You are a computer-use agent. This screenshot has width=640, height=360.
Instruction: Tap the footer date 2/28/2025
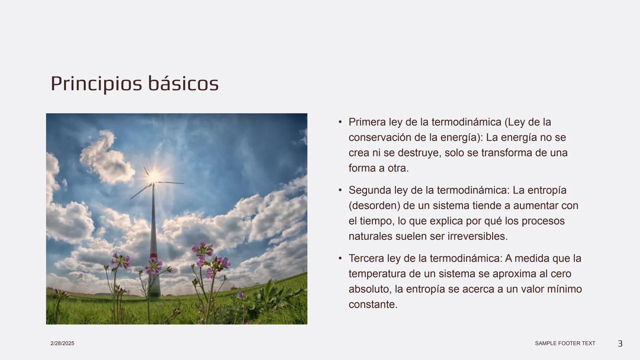(62, 343)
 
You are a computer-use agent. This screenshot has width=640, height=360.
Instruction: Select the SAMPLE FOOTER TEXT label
(565, 343)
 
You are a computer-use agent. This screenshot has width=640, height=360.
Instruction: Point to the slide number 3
(620, 344)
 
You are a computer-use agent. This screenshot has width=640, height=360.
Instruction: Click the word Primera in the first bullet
(367, 122)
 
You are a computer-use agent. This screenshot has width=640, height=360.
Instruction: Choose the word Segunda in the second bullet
(370, 190)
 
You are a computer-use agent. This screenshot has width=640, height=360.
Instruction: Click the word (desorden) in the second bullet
(374, 206)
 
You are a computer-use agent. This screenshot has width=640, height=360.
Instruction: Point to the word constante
(373, 304)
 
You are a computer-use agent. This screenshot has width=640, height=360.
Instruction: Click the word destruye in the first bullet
(418, 153)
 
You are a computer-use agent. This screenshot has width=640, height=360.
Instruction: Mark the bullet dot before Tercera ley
(340, 258)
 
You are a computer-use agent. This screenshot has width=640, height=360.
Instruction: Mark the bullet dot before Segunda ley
(340, 190)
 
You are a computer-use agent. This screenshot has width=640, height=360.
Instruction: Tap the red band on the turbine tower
(153, 255)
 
